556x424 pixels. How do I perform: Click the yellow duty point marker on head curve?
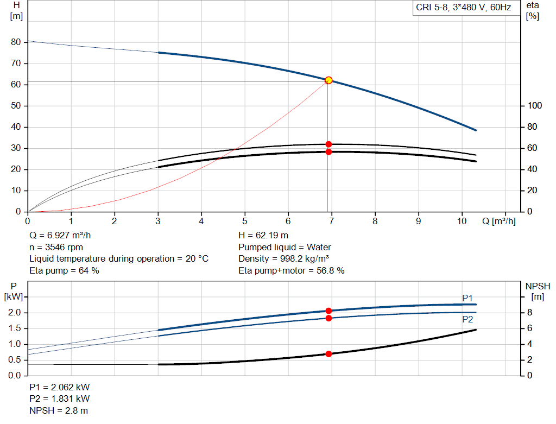tap(328, 80)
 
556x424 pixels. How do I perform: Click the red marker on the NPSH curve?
tap(328, 354)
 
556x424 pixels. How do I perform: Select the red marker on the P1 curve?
tap(328, 311)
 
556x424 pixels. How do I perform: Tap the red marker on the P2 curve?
tap(328, 318)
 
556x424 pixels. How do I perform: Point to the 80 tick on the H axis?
tap(16, 42)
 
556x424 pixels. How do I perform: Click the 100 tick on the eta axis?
tap(533, 106)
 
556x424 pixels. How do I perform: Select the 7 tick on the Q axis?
tap(332, 221)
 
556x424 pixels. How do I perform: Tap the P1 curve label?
tap(467, 298)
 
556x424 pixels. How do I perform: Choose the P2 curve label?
tap(467, 320)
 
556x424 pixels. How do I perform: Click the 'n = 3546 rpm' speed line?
tap(57, 247)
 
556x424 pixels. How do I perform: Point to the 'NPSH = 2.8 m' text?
tap(59, 410)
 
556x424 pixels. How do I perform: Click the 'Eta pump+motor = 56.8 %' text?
tap(292, 270)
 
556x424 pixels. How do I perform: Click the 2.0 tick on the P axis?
tap(15, 313)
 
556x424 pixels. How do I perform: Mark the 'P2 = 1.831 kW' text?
tap(60, 399)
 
